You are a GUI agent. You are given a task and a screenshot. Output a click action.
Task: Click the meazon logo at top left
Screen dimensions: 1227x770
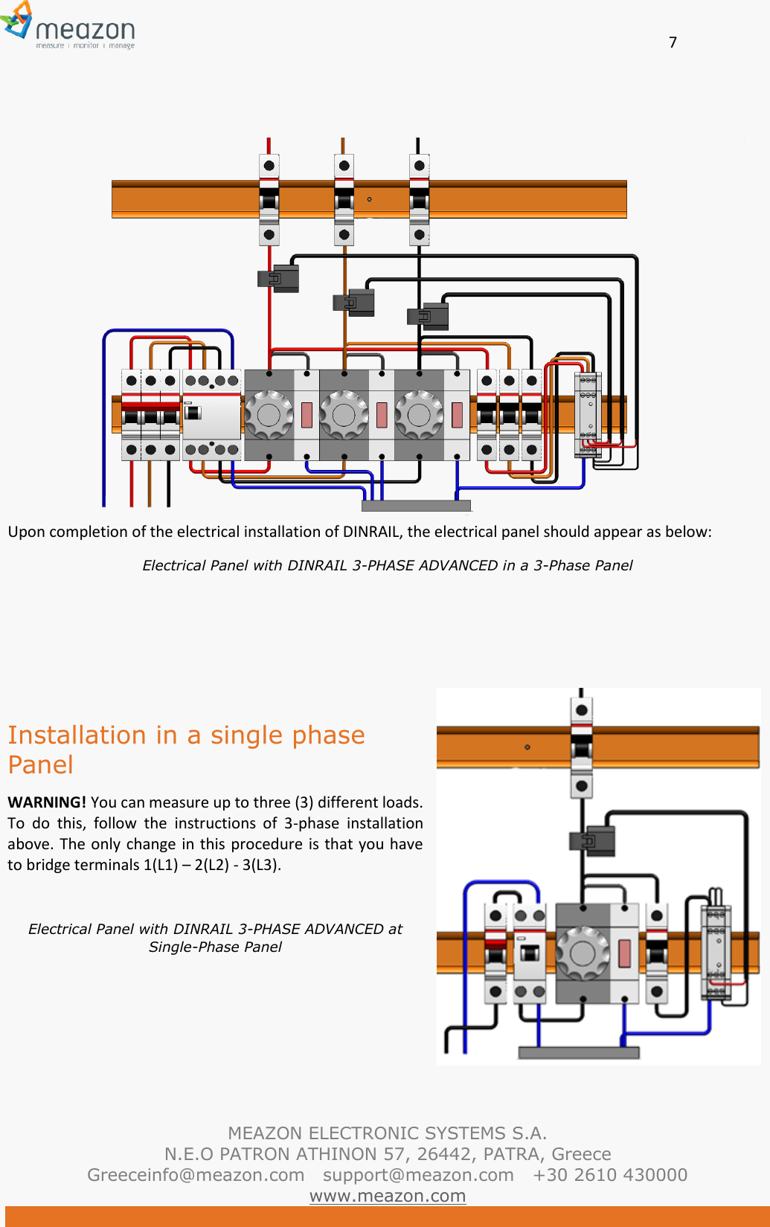point(68,27)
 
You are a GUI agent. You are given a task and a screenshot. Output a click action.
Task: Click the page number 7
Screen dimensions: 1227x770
point(673,42)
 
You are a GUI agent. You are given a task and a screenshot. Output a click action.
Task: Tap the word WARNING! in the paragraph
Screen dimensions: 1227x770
point(47,802)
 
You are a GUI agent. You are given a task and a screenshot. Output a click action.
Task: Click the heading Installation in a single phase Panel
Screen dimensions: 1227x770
point(186,750)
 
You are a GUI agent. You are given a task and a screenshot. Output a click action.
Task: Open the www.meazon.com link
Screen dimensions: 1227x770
point(387,1196)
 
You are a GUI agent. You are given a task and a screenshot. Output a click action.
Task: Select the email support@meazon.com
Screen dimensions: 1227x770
point(418,1175)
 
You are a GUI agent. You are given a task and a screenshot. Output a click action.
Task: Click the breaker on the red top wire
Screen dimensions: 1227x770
point(269,199)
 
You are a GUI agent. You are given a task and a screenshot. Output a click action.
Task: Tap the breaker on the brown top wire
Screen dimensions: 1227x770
point(344,199)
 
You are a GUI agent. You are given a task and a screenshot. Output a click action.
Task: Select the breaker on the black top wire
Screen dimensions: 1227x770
point(420,199)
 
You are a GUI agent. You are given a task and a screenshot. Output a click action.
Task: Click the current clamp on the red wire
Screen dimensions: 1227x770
point(280,278)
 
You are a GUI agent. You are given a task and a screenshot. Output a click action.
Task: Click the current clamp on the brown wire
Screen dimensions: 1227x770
point(355,303)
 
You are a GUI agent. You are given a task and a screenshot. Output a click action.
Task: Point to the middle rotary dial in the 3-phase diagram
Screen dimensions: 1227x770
point(344,415)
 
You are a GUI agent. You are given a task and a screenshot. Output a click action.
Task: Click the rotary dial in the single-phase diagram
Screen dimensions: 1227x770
point(582,953)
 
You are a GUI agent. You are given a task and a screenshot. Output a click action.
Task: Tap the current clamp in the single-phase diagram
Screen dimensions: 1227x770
point(593,841)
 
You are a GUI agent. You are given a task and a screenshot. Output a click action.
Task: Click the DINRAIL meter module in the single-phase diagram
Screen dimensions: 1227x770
point(716,952)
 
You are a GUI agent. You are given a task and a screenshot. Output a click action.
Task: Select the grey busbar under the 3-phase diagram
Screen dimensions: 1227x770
point(416,506)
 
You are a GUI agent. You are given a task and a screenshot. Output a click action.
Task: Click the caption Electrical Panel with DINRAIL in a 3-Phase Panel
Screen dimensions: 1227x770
point(387,565)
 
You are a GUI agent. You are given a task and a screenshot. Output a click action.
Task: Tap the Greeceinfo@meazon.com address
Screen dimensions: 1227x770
point(196,1175)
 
